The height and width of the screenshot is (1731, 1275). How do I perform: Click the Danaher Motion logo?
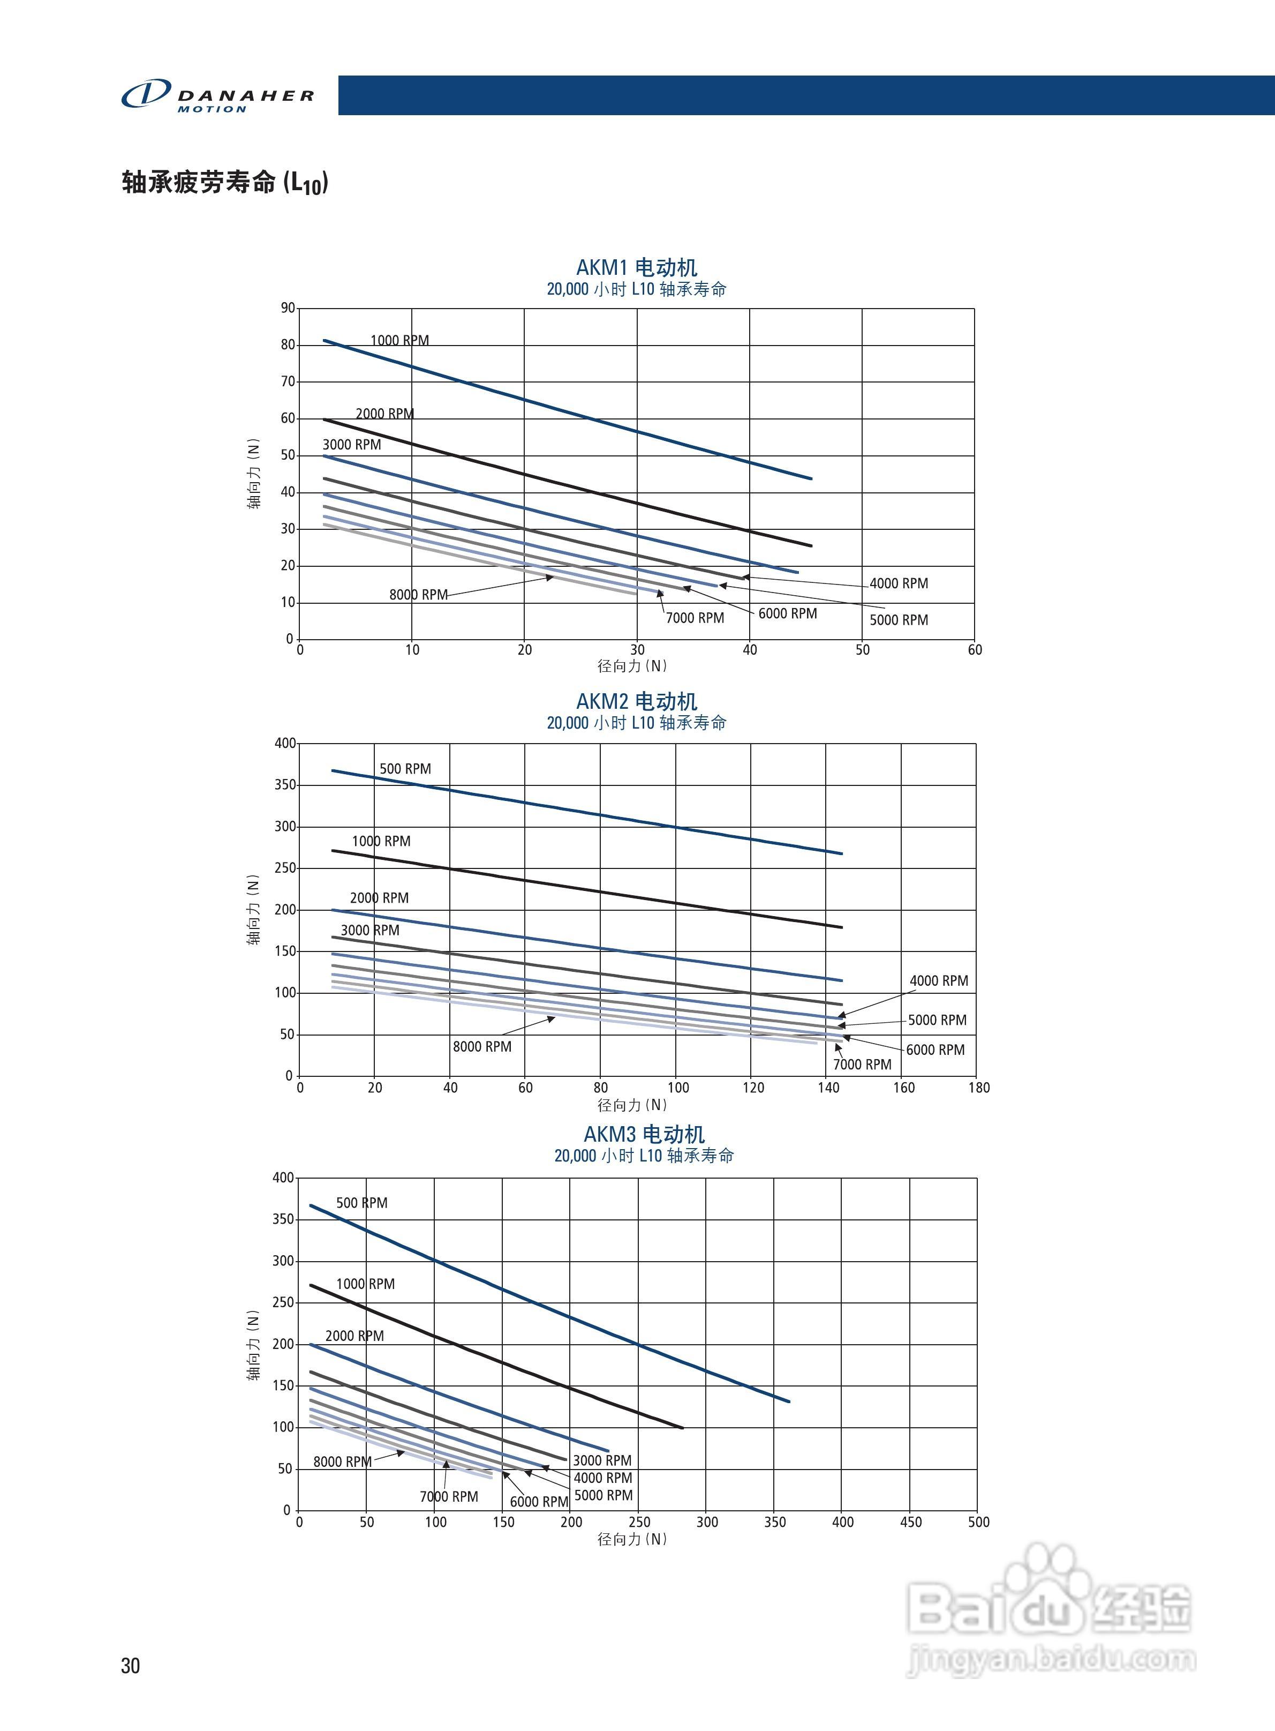tap(217, 96)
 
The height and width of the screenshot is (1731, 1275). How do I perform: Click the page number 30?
tap(131, 1666)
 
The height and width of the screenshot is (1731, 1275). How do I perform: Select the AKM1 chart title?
tap(637, 268)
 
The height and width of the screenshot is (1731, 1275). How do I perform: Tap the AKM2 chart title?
tap(637, 701)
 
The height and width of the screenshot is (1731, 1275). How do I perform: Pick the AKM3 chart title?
tap(644, 1134)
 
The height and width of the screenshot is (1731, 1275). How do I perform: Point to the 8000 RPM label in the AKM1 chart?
tap(418, 595)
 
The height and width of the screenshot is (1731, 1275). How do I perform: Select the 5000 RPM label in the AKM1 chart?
tap(899, 620)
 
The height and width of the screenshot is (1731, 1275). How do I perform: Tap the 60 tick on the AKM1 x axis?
tap(975, 650)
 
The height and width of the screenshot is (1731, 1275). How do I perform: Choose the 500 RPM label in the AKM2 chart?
tap(405, 769)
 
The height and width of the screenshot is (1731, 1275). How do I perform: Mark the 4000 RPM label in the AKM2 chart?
tap(939, 980)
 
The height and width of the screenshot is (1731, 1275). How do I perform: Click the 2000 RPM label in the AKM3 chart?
tap(354, 1336)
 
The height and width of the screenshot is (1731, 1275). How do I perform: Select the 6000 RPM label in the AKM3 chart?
tap(539, 1502)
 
